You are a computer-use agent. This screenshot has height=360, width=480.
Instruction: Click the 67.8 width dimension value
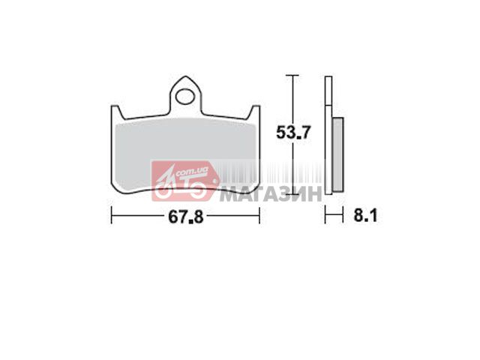(x=186, y=217)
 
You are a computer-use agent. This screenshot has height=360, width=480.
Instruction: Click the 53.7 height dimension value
(x=293, y=133)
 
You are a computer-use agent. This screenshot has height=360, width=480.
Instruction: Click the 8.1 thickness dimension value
(x=365, y=215)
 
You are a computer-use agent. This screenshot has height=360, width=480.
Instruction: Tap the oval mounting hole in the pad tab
(x=185, y=97)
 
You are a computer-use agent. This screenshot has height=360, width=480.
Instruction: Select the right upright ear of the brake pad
(x=254, y=112)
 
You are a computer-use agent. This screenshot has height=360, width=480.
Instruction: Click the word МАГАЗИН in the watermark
(x=271, y=193)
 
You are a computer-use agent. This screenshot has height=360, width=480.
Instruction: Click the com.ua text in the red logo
(x=192, y=172)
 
